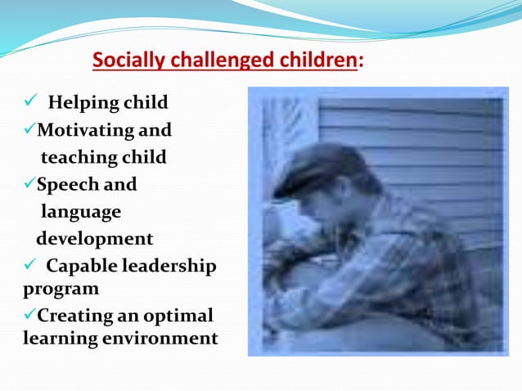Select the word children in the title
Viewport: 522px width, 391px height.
315,61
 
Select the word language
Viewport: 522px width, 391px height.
81,212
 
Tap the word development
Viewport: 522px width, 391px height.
94,239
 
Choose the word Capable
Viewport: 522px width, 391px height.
81,266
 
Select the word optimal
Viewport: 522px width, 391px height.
174,316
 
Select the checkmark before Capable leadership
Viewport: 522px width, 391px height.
29,266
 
